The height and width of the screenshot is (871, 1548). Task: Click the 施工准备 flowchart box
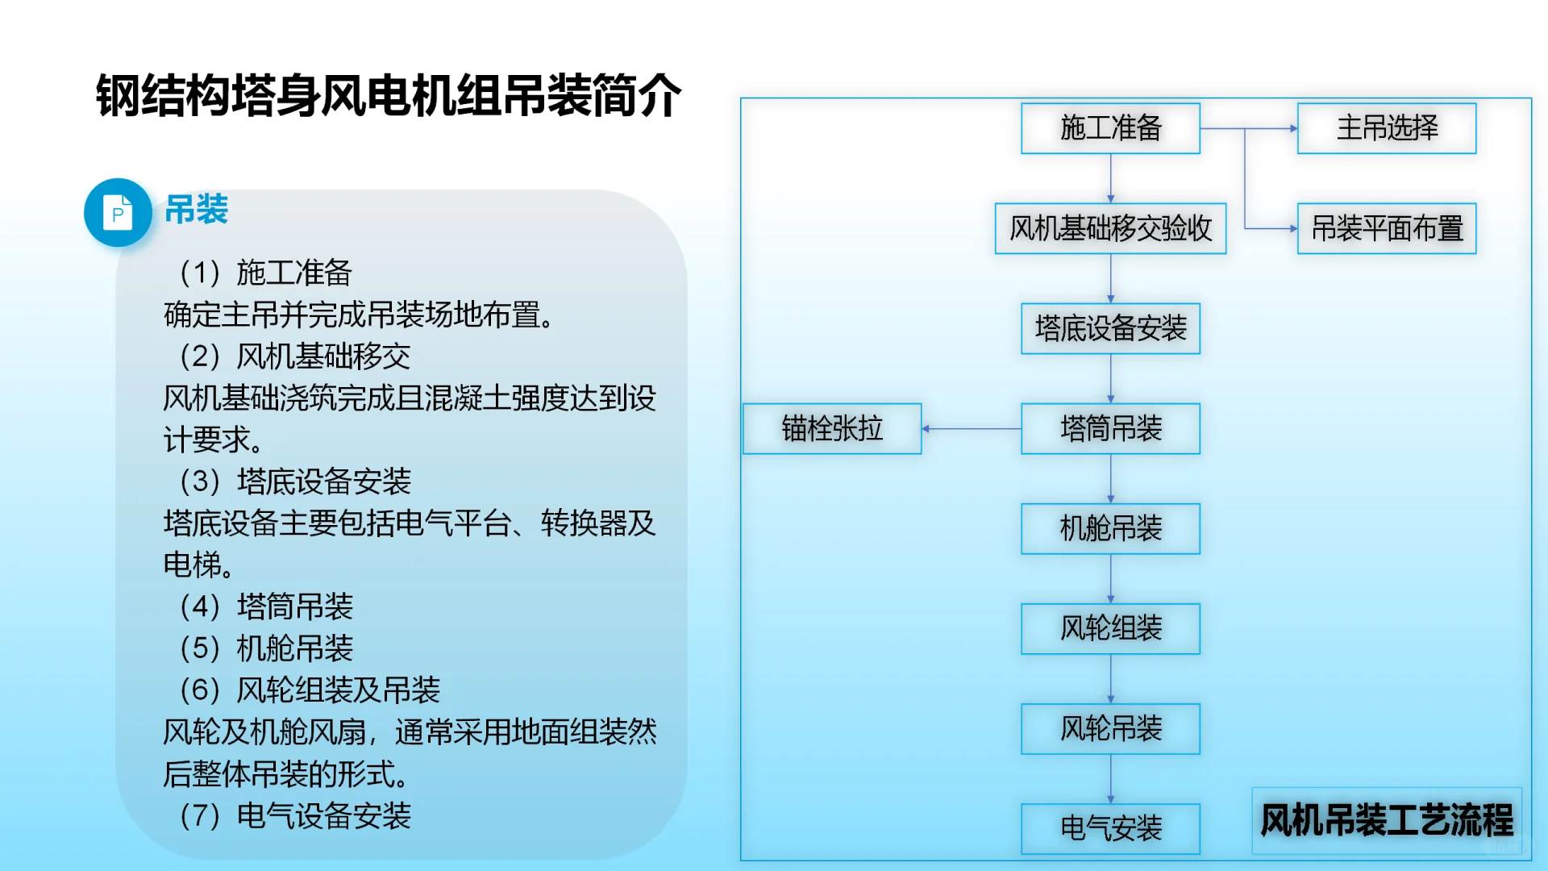tap(1110, 128)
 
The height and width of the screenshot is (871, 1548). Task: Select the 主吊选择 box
tap(1387, 128)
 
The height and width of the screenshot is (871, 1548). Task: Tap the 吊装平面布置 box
tap(1387, 229)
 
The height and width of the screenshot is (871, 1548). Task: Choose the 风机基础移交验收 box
tap(1110, 229)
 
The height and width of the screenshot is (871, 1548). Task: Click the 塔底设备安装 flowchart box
tap(1110, 329)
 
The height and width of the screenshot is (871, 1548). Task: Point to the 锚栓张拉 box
tap(832, 429)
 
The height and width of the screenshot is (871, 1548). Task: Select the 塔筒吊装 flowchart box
tap(1110, 429)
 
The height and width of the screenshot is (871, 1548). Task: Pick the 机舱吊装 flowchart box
tap(1110, 529)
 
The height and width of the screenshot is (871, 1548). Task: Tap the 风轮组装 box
tap(1110, 629)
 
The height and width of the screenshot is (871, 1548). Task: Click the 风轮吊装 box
tap(1110, 729)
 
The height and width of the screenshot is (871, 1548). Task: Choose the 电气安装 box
tap(1110, 828)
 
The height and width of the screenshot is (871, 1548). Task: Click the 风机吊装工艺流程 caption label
tap(1387, 820)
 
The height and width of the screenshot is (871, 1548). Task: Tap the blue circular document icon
tap(118, 213)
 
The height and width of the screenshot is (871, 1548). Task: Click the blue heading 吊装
tap(197, 210)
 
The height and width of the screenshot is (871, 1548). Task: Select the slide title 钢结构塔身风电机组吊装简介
tap(389, 96)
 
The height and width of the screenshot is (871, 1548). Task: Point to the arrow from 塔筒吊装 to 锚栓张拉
tap(972, 429)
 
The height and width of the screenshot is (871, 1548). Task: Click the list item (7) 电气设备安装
tap(296, 816)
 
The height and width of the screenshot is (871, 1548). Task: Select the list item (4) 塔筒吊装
tap(267, 606)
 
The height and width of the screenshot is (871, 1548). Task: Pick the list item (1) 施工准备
tap(266, 273)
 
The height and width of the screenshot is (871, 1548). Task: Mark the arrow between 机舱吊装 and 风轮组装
tap(1110, 579)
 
